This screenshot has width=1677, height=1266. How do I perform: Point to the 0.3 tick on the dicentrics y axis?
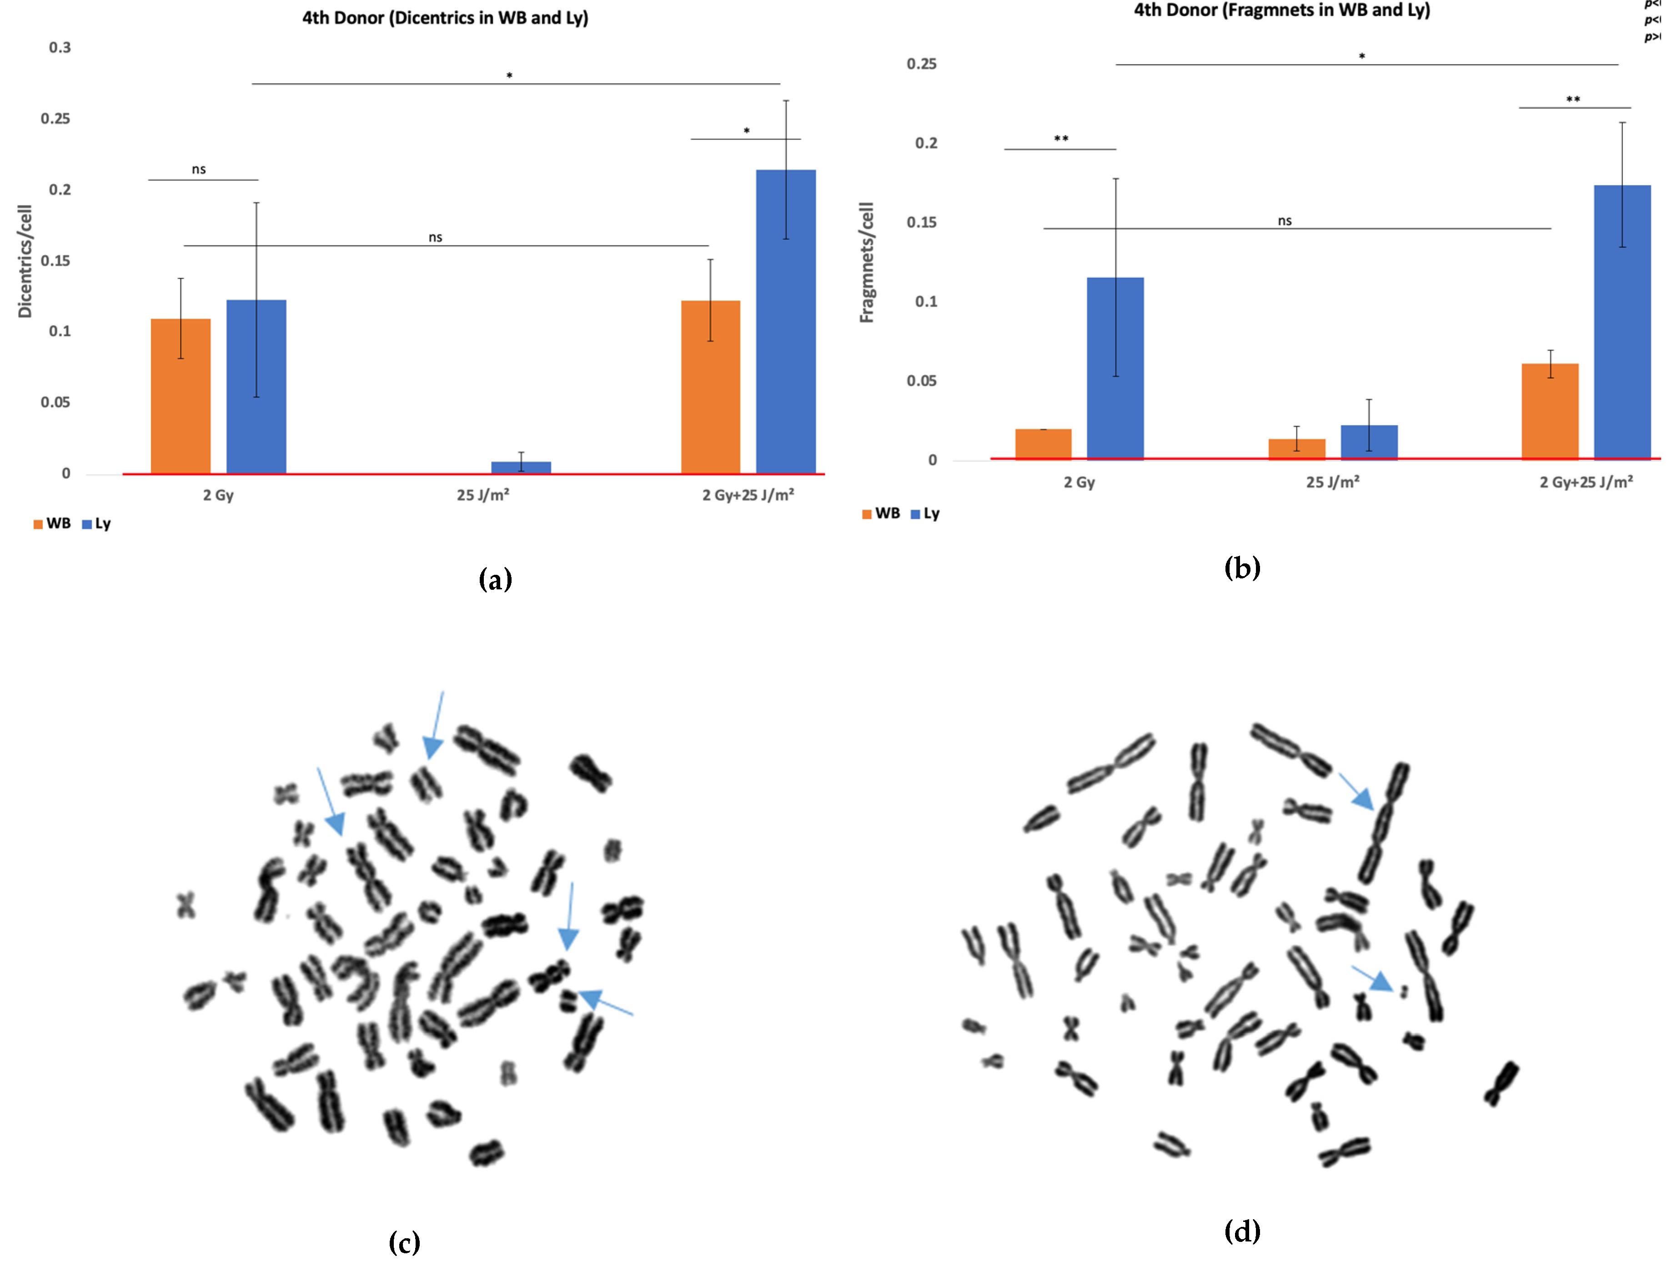pyautogui.click(x=60, y=48)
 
